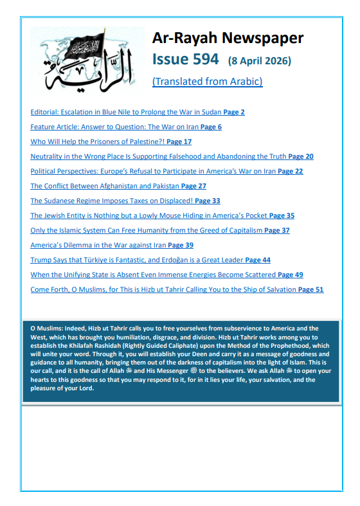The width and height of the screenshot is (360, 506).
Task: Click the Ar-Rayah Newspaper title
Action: [228, 38]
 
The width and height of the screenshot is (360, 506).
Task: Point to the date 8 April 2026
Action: [260, 61]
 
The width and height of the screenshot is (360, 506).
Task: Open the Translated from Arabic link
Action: [207, 82]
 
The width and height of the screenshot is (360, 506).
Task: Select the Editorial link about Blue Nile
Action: [125, 112]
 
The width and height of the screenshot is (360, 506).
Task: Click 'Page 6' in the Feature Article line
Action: [211, 127]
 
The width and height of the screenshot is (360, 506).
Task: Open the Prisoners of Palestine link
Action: [96, 141]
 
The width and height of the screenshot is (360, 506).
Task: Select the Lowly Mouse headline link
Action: [148, 215]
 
